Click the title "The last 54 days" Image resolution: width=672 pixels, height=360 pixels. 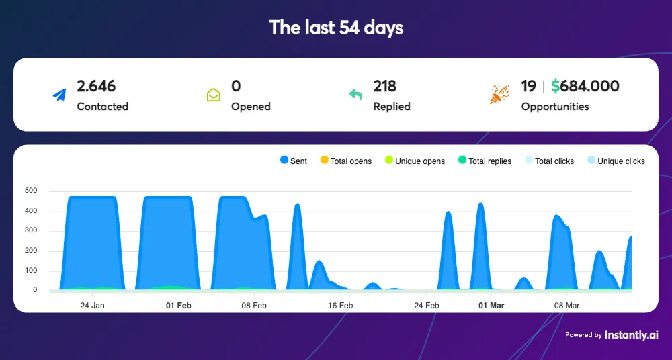pos(336,28)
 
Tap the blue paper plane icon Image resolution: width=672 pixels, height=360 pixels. pos(60,95)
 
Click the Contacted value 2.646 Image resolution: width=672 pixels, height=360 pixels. pos(96,86)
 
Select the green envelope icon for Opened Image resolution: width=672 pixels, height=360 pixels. pos(213,95)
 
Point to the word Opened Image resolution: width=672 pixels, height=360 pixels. pos(251,106)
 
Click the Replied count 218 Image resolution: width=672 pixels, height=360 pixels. pos(385,86)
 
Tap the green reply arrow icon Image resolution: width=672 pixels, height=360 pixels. pos(355,95)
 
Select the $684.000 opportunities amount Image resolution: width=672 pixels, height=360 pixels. pos(585,86)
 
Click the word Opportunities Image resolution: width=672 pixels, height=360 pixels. pos(555,106)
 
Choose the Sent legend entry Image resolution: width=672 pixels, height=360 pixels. pos(293,161)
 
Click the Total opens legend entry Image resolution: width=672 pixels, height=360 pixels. pos(346,161)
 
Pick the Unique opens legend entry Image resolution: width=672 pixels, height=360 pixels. pos(415,161)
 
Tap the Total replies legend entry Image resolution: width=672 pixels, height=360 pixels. pos(485,161)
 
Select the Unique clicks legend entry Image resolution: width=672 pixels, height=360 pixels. pos(616,161)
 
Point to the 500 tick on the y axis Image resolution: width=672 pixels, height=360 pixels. pos(30,191)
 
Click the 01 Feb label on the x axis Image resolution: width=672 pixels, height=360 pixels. pos(179,306)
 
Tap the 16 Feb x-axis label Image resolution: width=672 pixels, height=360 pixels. pos(341,306)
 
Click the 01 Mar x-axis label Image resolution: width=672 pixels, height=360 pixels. pos(491,306)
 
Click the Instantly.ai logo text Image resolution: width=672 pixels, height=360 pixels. pos(631,334)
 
